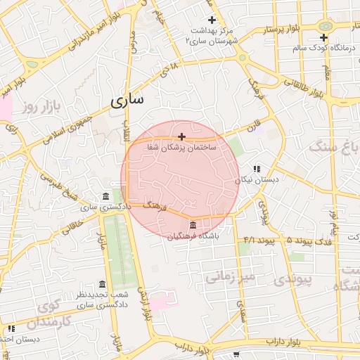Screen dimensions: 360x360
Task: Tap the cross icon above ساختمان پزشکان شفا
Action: [182, 136]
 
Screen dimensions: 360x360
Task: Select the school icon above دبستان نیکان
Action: [257, 169]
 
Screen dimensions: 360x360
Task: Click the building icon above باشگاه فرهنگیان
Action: [193, 224]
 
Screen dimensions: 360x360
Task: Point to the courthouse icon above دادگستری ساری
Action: [105, 196]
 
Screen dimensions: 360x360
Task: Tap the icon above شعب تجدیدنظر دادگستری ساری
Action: [103, 284]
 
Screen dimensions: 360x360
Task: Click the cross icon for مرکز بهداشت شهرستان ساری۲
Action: [212, 20]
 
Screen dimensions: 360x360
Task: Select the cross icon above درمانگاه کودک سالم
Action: [323, 37]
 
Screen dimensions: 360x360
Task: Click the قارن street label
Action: [252, 129]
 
